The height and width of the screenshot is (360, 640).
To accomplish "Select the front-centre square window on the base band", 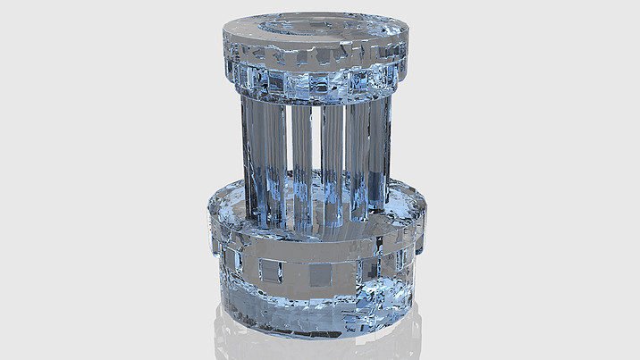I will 317,274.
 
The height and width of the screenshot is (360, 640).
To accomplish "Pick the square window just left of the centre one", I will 270,271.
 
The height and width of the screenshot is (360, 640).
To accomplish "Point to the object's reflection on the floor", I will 317,344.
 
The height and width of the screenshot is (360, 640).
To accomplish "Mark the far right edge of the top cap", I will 408,45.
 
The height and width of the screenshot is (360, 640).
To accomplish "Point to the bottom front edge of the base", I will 317,329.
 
